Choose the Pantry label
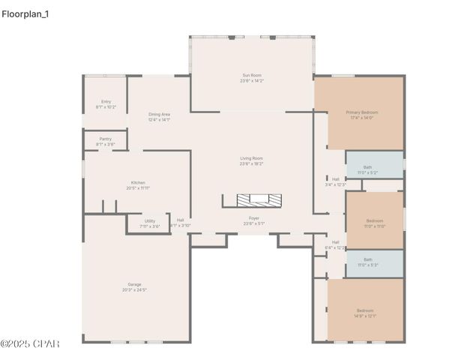pos(105,139)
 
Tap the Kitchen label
pos(138,183)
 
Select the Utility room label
pos(150,221)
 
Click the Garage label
pos(134,284)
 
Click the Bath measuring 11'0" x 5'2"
pos(367,167)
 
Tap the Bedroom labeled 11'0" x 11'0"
pos(374,220)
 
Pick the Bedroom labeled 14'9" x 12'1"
pos(365,310)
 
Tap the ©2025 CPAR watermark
pos(30,344)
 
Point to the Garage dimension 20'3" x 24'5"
pos(134,289)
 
